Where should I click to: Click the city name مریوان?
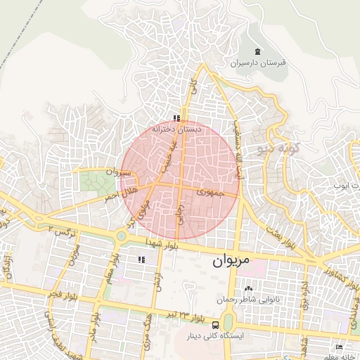[230, 260]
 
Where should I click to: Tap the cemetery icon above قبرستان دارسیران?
[257, 51]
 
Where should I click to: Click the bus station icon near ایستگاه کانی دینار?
[215, 325]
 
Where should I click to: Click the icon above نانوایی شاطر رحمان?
[247, 288]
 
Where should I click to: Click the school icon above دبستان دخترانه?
[176, 118]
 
